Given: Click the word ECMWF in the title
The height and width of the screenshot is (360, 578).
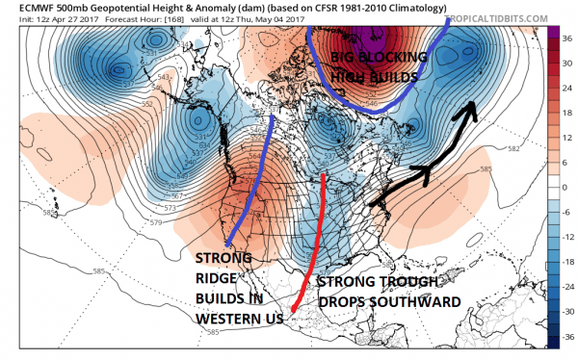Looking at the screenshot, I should [x=22, y=7].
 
